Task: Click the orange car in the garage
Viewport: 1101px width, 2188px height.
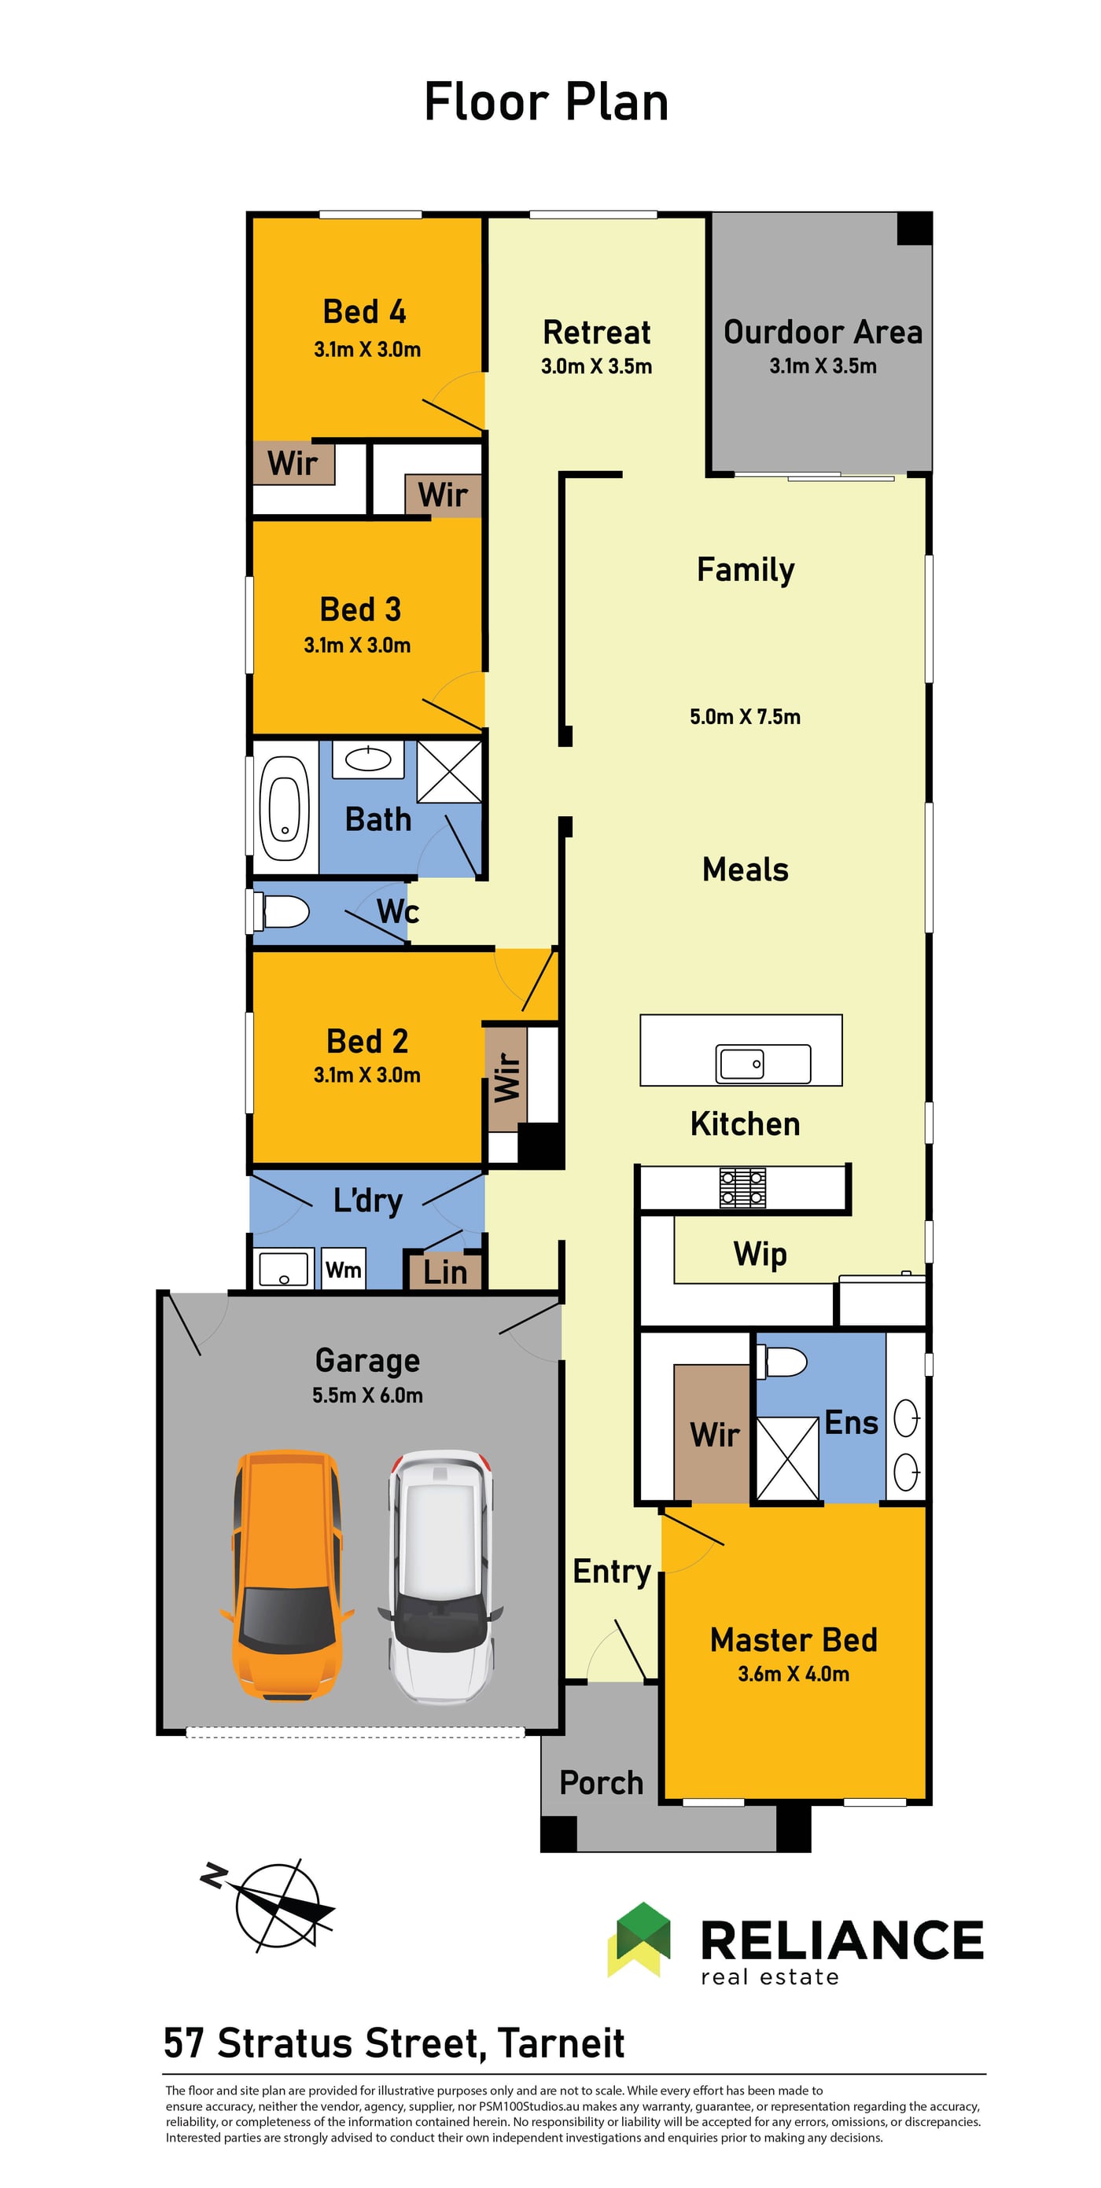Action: [286, 1576]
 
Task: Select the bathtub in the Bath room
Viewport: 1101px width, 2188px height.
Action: [285, 807]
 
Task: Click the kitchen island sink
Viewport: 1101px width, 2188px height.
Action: [740, 1063]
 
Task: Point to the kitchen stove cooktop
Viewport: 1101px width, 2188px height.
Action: [742, 1186]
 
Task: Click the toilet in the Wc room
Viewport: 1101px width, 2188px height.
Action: [282, 911]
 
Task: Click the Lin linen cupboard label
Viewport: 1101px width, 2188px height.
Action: [445, 1272]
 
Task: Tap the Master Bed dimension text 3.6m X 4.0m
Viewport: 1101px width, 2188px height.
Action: [794, 1673]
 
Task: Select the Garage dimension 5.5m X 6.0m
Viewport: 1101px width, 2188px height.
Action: [367, 1395]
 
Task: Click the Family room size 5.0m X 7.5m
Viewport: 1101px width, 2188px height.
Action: [745, 716]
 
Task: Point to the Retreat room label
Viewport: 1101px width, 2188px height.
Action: [596, 332]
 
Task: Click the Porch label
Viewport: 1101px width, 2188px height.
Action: [602, 1782]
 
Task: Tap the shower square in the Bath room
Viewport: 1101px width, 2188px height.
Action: [449, 770]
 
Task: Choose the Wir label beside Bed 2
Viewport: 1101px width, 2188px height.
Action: [506, 1077]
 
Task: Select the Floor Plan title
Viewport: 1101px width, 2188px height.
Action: [547, 102]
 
